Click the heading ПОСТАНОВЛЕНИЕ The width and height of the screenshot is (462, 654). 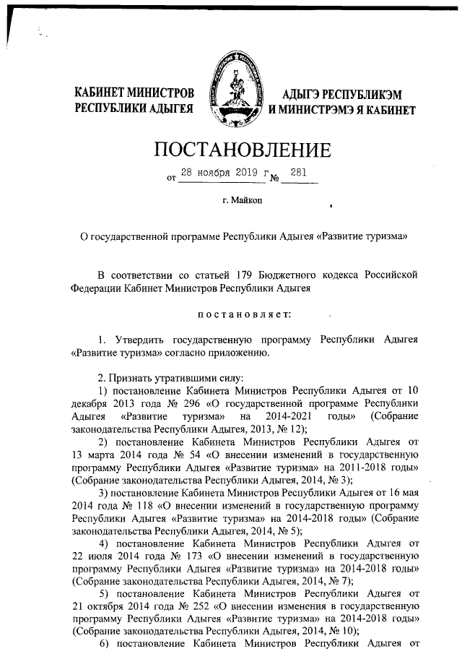243,150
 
